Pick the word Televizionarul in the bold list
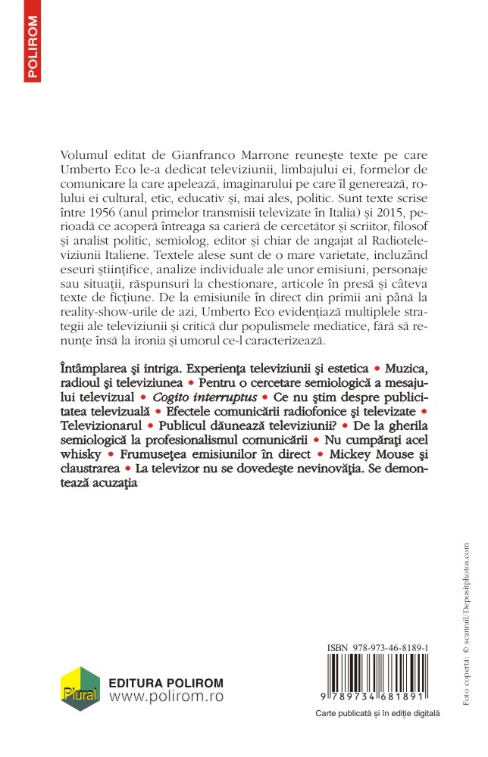(x=99, y=426)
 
